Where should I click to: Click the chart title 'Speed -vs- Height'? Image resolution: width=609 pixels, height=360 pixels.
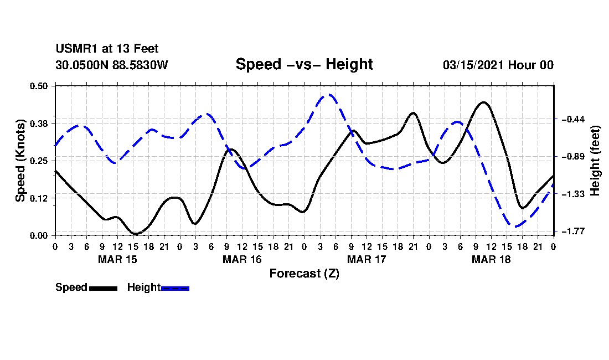pyautogui.click(x=304, y=64)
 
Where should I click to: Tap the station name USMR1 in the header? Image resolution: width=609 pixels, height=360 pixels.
pyautogui.click(x=77, y=49)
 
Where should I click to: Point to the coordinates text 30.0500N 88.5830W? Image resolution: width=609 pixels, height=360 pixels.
pyautogui.click(x=112, y=65)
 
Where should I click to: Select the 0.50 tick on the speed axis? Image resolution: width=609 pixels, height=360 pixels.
pyautogui.click(x=38, y=86)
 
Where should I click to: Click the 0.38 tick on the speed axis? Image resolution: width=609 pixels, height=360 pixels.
pyautogui.click(x=38, y=124)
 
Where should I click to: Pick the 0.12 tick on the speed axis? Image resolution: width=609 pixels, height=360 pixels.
pyautogui.click(x=38, y=198)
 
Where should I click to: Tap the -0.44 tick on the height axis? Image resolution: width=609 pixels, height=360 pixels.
pyautogui.click(x=573, y=119)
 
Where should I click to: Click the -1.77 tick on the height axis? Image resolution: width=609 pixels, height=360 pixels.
pyautogui.click(x=573, y=232)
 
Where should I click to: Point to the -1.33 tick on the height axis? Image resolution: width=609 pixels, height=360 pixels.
pyautogui.click(x=573, y=194)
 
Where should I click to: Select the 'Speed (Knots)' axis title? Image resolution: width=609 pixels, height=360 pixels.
pyautogui.click(x=20, y=161)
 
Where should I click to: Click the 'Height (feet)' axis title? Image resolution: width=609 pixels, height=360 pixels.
pyautogui.click(x=595, y=161)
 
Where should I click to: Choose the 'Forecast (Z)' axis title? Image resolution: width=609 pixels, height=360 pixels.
pyautogui.click(x=304, y=274)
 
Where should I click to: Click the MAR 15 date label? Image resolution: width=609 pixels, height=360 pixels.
pyautogui.click(x=118, y=259)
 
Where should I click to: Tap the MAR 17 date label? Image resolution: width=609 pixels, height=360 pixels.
pyautogui.click(x=367, y=259)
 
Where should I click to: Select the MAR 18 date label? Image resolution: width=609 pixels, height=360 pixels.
pyautogui.click(x=491, y=259)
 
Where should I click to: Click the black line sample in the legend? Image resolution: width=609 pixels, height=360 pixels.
pyautogui.click(x=104, y=288)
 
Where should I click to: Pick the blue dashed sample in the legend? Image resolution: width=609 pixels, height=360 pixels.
pyautogui.click(x=175, y=288)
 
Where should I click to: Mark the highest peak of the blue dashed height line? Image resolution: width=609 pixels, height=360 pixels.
pyautogui.click(x=328, y=94)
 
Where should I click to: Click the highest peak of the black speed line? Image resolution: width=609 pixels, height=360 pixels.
pyautogui.click(x=483, y=102)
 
